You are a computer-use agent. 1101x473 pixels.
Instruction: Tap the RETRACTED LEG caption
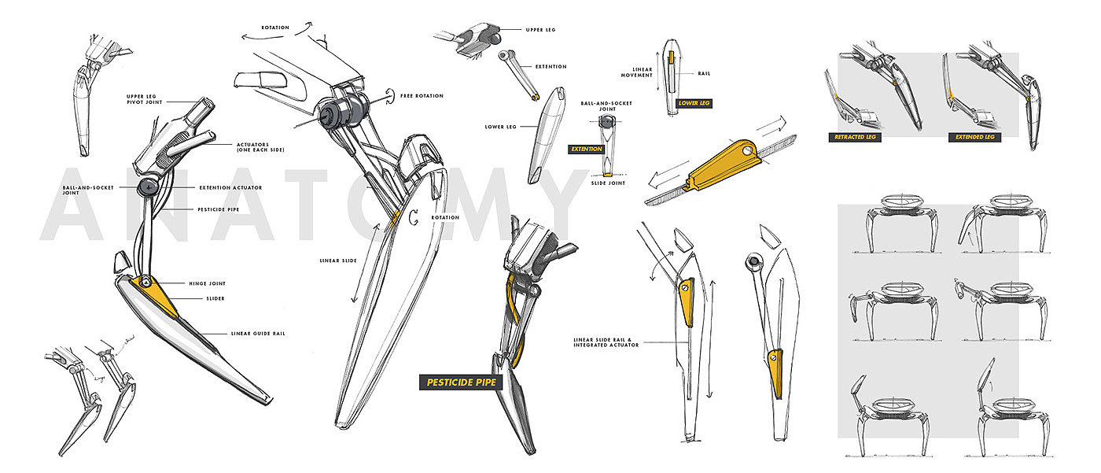(855, 137)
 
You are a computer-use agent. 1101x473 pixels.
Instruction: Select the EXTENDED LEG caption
(974, 137)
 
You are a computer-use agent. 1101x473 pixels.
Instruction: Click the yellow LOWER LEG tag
(694, 103)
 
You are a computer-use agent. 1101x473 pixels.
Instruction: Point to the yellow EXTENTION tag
(587, 149)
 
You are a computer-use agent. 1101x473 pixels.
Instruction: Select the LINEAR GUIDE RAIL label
(258, 334)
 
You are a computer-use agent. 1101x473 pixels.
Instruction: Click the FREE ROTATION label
(422, 96)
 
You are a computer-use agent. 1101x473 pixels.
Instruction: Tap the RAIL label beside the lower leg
(705, 73)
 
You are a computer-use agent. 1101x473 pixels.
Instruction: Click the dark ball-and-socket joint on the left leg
(148, 187)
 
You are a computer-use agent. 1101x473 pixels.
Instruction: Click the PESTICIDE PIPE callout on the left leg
(218, 209)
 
